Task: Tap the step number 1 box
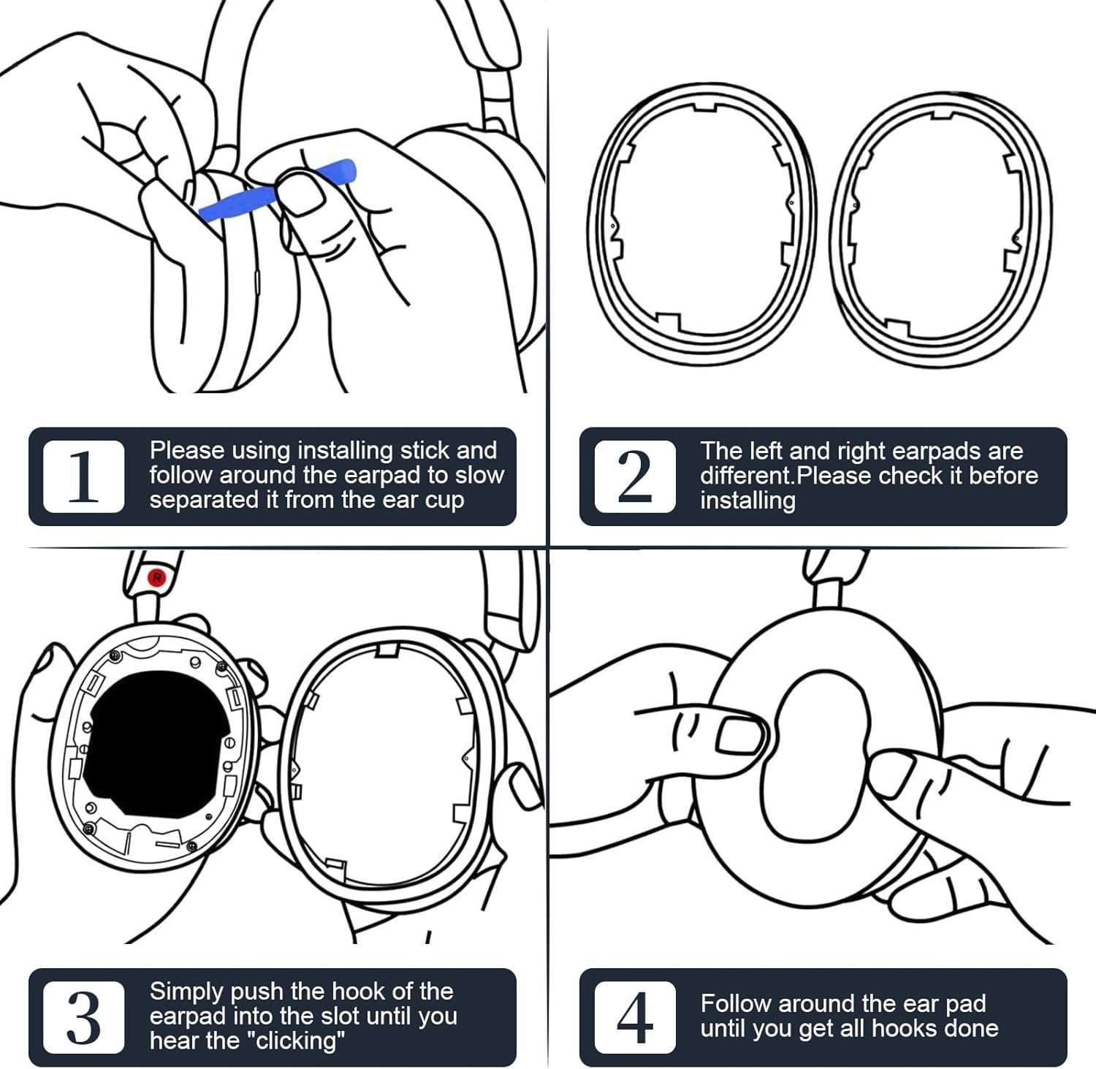pos(83,476)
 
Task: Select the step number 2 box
pos(634,476)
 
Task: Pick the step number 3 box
pos(83,1017)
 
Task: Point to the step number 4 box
pos(634,1017)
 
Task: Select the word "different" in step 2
pos(746,476)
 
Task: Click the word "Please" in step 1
pos(186,450)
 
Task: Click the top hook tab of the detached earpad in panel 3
pos(387,650)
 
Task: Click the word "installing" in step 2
pos(747,501)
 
